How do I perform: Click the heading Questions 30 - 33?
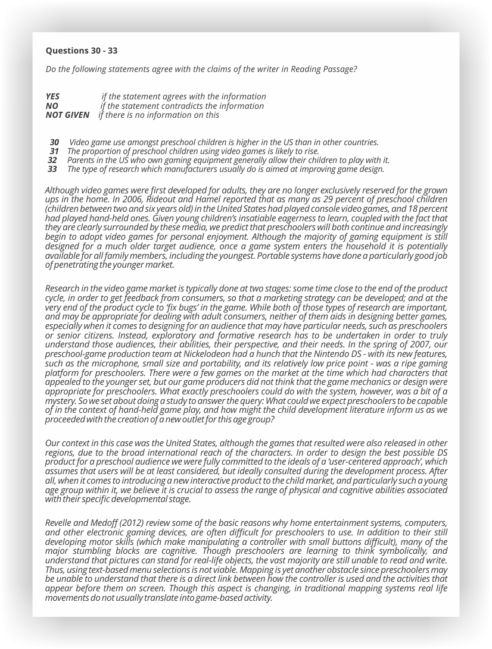[81, 51]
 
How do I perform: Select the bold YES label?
[52, 96]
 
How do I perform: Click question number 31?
[54, 151]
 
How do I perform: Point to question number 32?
[52, 160]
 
